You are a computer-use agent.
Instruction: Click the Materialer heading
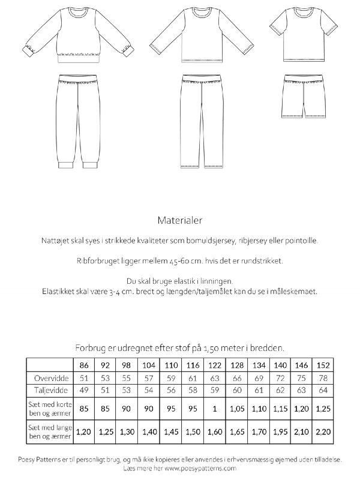click(x=180, y=220)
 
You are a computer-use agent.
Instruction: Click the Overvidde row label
click(x=49, y=379)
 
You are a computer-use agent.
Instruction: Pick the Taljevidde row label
click(x=49, y=391)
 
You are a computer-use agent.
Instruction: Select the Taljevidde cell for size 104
click(x=148, y=391)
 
